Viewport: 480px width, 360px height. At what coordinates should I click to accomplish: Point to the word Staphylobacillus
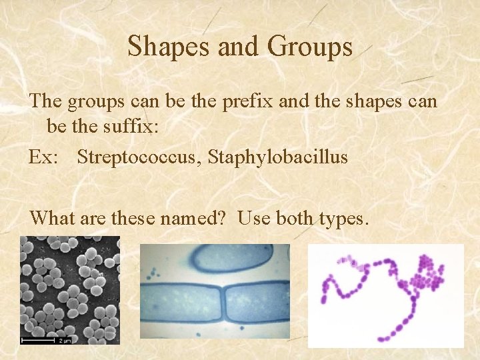tap(278, 157)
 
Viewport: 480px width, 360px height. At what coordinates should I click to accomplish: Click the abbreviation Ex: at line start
tap(44, 157)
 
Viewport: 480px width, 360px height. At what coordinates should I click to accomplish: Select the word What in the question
tap(51, 217)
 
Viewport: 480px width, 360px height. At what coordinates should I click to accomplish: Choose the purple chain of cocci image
tap(385, 295)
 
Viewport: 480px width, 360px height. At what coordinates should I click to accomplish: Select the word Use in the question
tap(251, 217)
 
